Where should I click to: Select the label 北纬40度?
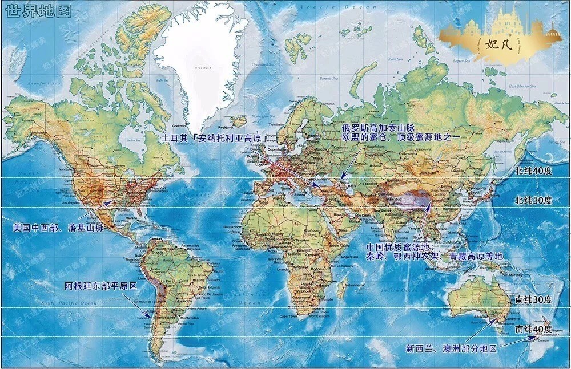point(533,170)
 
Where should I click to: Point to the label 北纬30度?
point(533,200)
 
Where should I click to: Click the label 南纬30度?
point(533,299)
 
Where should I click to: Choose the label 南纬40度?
point(533,329)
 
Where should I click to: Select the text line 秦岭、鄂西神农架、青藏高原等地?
point(434,257)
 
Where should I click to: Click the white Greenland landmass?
point(200,57)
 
